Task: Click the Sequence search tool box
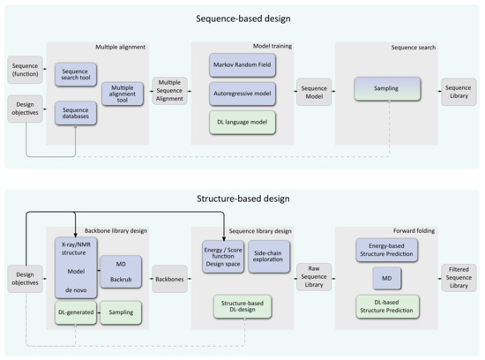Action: [x=77, y=73]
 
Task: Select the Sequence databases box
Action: [x=77, y=113]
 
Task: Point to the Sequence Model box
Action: [x=313, y=90]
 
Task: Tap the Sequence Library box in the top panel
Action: [x=459, y=90]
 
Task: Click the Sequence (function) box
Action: [x=24, y=67]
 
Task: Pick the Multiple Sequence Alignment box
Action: [x=168, y=90]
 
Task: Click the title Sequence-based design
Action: [x=242, y=19]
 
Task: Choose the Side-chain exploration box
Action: [x=268, y=257]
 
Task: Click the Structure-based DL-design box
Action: [x=242, y=306]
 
